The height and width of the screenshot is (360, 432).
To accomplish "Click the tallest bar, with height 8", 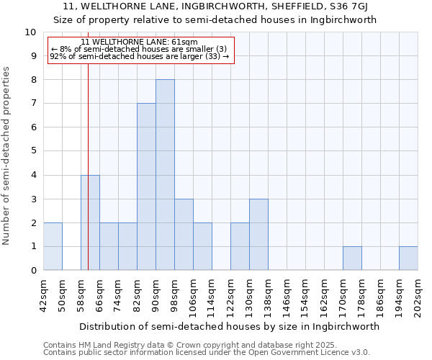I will coord(165,175).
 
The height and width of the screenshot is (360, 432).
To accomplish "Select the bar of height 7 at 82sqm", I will coord(146,186).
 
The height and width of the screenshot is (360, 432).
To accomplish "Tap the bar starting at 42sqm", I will coord(53,246).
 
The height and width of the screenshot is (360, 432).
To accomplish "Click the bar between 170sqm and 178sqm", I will coord(352,258).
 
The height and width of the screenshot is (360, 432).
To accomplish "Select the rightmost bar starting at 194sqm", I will coord(408,258).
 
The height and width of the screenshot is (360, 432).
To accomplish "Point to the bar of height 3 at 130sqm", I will coord(258,235).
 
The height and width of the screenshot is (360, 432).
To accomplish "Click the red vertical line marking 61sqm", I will coord(88,180).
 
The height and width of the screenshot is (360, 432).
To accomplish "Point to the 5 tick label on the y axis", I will coord(32,151).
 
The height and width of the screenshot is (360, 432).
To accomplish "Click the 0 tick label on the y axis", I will coord(32,271).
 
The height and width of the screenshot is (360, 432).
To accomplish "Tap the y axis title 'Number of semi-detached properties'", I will coord(7,156).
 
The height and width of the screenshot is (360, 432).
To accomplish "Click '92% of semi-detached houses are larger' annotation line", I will coord(140,56).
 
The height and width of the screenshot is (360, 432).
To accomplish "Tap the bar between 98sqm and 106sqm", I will coord(184,235).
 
